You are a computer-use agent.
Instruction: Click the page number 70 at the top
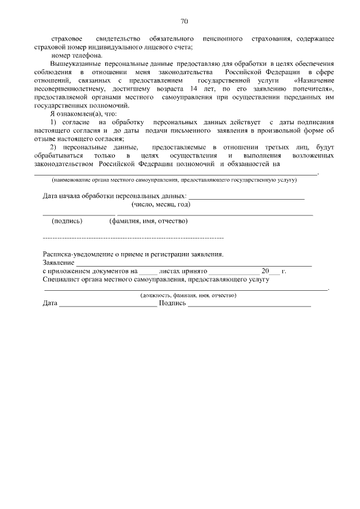[x=184, y=21]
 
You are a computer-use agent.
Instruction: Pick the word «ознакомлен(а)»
[x=79, y=114]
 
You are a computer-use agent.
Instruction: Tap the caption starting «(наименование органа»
[x=174, y=180]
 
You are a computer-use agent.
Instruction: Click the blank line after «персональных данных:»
[x=247, y=197]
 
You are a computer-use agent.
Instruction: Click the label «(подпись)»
[x=67, y=221]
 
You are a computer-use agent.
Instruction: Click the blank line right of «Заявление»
[x=193, y=263]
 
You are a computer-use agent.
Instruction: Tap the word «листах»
[x=169, y=271]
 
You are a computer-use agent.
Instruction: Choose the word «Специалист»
[x=60, y=279]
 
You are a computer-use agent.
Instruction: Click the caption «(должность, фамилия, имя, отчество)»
[x=188, y=295]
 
